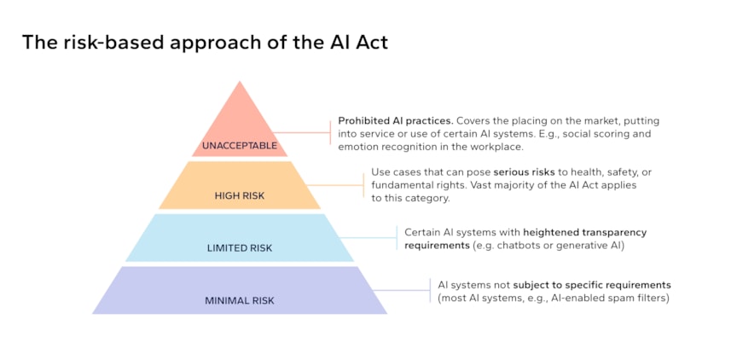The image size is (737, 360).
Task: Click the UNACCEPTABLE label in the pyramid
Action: coord(240,145)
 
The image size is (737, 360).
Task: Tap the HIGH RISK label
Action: coord(240,195)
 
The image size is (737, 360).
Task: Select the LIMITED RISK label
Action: coord(240,248)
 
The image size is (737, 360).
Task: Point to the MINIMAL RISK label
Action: coord(240,300)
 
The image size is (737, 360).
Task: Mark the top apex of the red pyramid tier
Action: coord(240,82)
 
